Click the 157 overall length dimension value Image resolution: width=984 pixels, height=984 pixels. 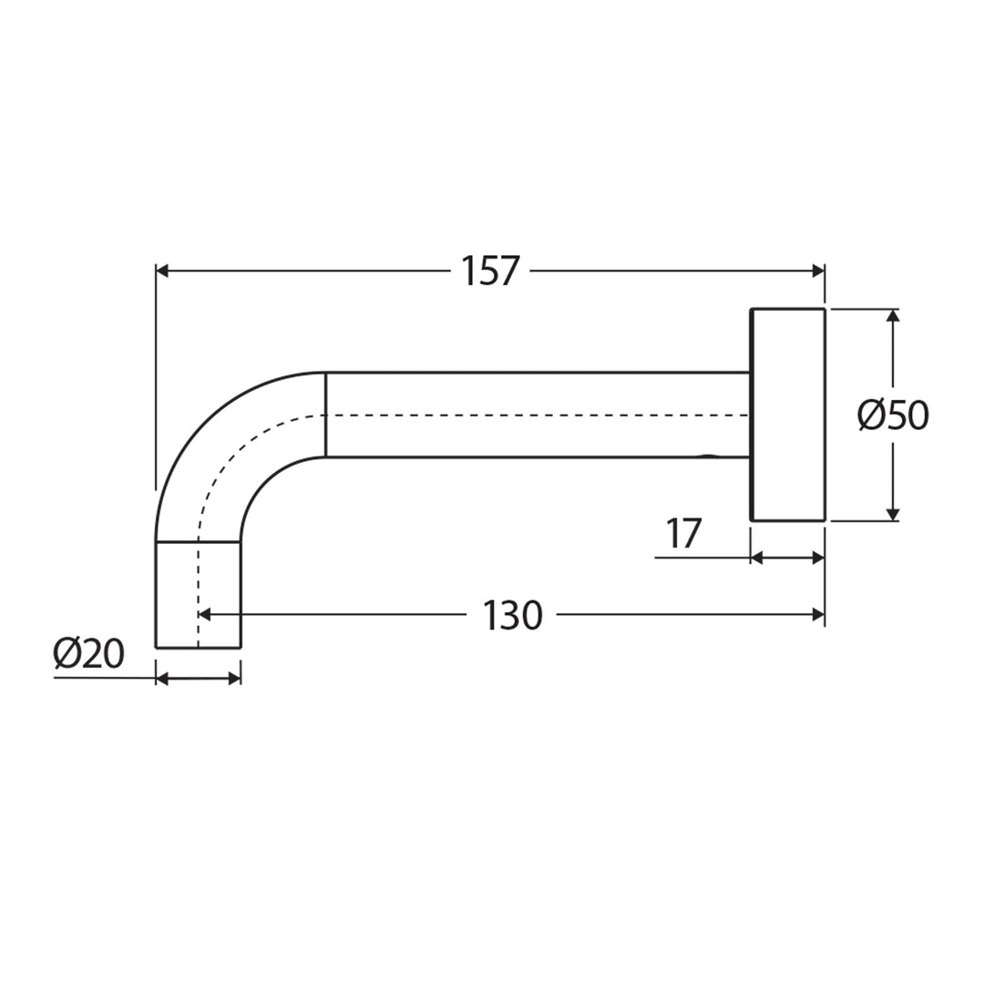(x=489, y=271)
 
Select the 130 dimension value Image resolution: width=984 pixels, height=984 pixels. (x=512, y=616)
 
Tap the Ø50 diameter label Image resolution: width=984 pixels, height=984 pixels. (x=893, y=415)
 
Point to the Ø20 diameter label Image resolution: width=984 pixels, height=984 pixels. (x=88, y=654)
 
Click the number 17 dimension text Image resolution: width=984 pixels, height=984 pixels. (x=683, y=534)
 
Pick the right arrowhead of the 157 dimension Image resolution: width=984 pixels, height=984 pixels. (x=817, y=271)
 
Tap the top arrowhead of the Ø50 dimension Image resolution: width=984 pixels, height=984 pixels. (x=893, y=316)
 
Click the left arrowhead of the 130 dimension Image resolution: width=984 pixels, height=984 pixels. (x=205, y=615)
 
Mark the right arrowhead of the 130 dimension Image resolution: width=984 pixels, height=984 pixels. (x=817, y=615)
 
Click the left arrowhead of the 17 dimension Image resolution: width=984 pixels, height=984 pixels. (x=756, y=558)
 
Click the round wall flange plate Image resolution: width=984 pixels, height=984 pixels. (x=787, y=415)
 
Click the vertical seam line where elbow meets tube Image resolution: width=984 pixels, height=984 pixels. (x=326, y=415)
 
